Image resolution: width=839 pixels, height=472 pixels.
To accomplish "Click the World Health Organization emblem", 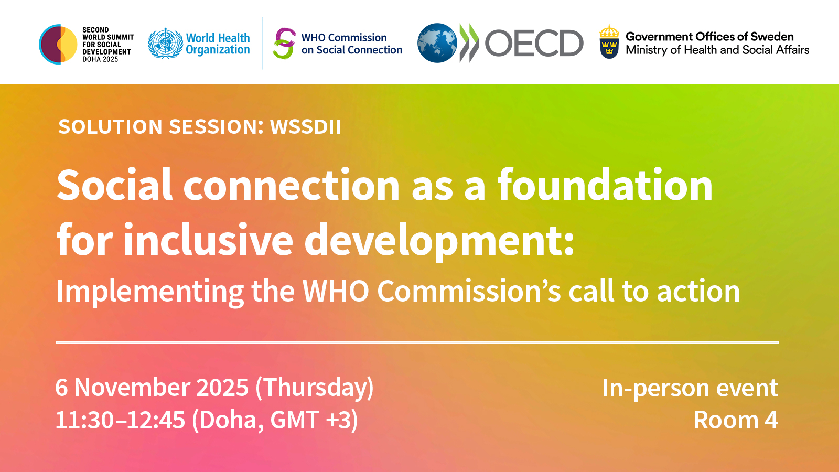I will click(x=165, y=44).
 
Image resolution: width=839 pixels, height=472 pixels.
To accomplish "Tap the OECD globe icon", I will click(x=437, y=43).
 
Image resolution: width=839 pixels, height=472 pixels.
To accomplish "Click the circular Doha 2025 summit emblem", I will click(x=58, y=44).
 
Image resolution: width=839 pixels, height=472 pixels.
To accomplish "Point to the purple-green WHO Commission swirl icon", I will click(x=284, y=44).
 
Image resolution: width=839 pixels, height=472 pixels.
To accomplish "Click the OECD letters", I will click(x=534, y=44).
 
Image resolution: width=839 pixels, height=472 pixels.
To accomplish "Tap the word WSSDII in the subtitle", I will click(x=305, y=127).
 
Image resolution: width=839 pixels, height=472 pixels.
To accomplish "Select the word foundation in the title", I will click(x=605, y=185).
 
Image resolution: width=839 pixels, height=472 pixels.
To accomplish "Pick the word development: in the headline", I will click(x=439, y=240).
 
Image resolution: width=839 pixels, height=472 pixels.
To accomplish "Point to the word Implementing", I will click(x=150, y=292).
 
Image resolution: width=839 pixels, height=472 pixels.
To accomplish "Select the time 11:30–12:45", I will click(x=120, y=420).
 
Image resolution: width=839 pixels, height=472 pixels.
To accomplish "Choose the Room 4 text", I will click(x=735, y=420).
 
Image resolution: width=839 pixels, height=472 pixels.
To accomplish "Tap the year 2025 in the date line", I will click(x=222, y=388).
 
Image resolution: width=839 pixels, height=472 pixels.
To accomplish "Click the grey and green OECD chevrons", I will click(x=469, y=43).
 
